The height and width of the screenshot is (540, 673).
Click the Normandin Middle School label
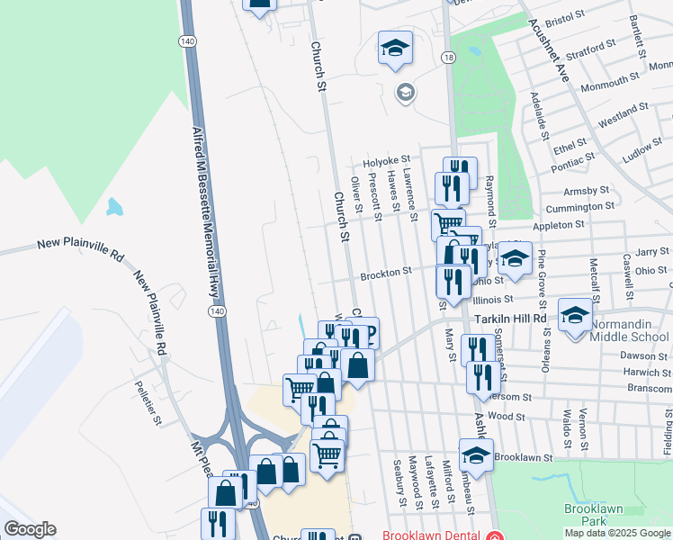[630, 337]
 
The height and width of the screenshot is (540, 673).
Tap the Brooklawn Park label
[589, 515]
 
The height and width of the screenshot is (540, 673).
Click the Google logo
[30, 529]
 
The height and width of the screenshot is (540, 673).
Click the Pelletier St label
[147, 402]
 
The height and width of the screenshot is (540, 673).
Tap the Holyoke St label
[386, 161]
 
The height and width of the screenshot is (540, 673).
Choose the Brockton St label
[386, 270]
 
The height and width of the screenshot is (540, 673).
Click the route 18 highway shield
[448, 58]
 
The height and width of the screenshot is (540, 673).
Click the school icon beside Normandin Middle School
[575, 315]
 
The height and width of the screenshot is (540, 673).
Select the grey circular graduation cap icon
[405, 92]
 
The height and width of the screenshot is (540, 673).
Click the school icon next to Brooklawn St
[476, 454]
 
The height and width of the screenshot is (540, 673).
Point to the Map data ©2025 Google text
[616, 533]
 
